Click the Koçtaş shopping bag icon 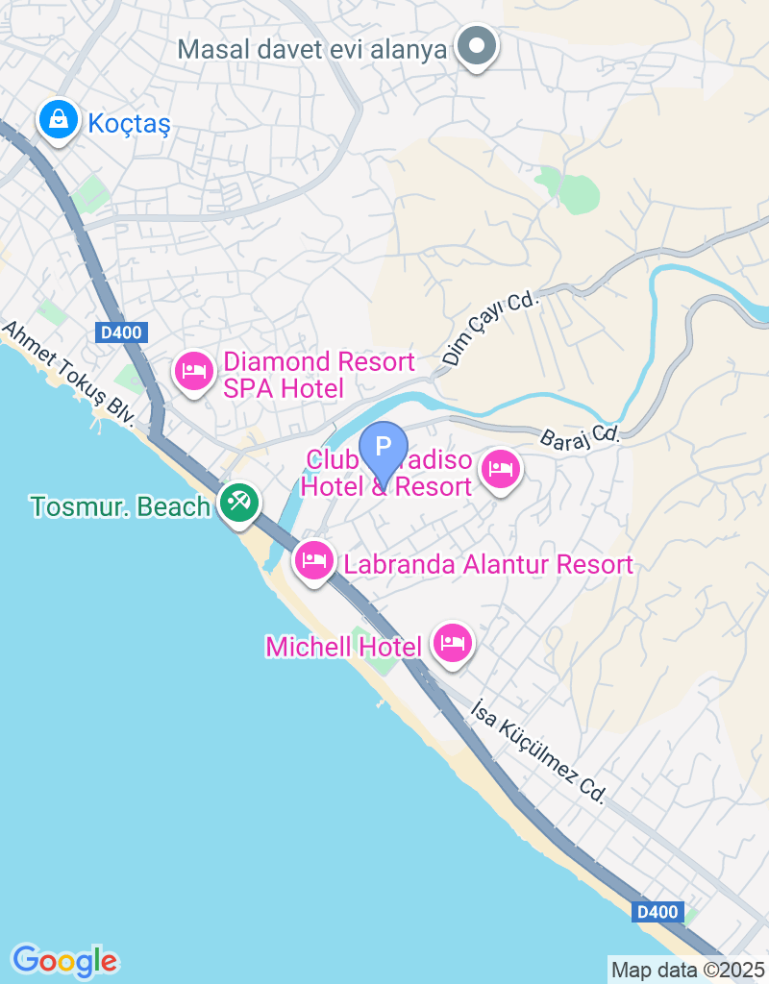[60, 120]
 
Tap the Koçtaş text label [128, 123]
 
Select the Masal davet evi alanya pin [475, 46]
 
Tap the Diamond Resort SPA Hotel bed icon [195, 372]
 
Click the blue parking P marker [384, 450]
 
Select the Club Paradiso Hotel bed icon [500, 470]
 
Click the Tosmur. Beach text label [120, 506]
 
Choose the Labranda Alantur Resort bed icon [314, 560]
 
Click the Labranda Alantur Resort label [488, 564]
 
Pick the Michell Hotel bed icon [452, 642]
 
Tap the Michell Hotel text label [343, 647]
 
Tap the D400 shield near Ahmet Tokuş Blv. [120, 333]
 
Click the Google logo [64, 960]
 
